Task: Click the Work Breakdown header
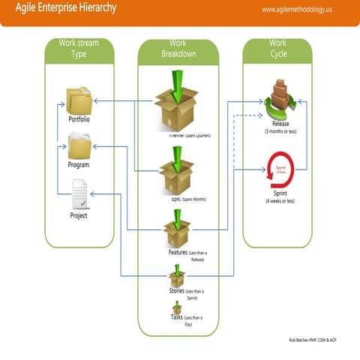178,49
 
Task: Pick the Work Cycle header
278,49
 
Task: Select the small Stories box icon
177,279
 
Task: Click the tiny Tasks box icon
177,307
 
